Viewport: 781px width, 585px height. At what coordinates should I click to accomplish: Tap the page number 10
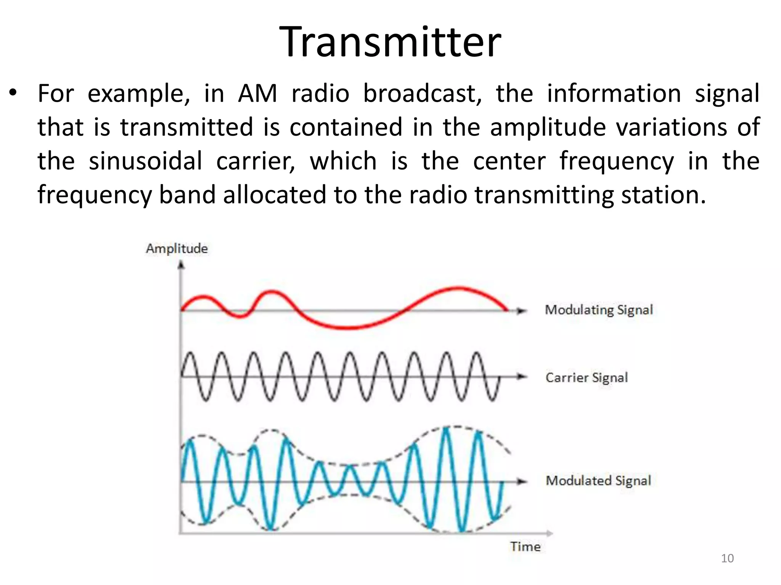727,558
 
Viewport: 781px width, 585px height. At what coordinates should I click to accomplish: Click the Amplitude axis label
177,248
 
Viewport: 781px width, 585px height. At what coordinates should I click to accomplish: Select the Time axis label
525,547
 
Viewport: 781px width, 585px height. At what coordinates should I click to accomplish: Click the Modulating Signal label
599,310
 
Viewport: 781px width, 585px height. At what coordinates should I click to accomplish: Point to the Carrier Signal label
587,377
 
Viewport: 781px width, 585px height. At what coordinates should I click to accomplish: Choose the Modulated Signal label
598,481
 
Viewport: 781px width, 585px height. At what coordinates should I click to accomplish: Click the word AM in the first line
258,94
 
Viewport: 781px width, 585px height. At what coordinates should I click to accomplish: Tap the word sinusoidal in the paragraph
145,161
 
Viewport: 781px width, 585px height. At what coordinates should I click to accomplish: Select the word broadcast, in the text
422,94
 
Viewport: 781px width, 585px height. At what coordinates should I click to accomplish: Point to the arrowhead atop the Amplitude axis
181,264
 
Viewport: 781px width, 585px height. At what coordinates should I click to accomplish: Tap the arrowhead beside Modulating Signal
521,311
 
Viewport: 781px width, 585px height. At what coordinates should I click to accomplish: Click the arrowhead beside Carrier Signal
521,377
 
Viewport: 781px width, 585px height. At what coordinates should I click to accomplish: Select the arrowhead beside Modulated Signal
521,481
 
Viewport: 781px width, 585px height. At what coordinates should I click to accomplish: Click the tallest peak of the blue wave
446,429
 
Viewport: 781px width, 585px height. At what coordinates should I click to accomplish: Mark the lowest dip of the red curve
349,327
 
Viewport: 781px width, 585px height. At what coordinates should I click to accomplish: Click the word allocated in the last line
275,195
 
